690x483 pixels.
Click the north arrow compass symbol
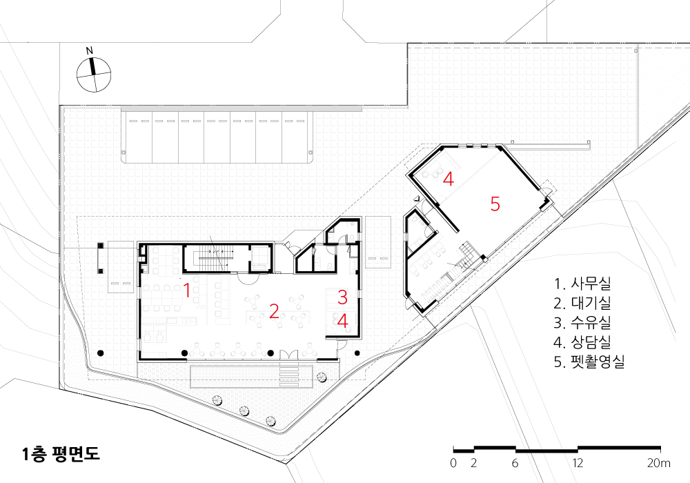pos(94,75)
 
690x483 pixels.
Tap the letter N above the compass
pos(90,50)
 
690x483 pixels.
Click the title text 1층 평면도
pos(61,454)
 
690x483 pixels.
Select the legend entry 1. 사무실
pos(582,284)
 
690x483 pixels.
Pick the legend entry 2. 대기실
pos(582,303)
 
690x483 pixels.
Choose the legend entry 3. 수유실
pos(582,322)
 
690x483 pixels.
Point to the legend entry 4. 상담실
pos(582,342)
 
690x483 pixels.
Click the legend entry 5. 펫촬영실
pos(589,362)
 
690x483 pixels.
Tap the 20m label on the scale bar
pos(659,463)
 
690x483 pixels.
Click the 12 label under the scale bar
pos(578,463)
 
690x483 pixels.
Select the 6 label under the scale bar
pos(515,463)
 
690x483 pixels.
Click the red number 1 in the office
pos(186,290)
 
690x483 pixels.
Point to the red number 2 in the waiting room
pos(274,311)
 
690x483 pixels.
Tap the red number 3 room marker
pos(343,297)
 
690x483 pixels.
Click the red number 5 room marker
pos(495,204)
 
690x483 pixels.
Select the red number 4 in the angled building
pos(448,179)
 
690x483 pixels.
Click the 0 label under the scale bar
pos(453,463)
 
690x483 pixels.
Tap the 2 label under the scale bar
pos(473,463)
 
